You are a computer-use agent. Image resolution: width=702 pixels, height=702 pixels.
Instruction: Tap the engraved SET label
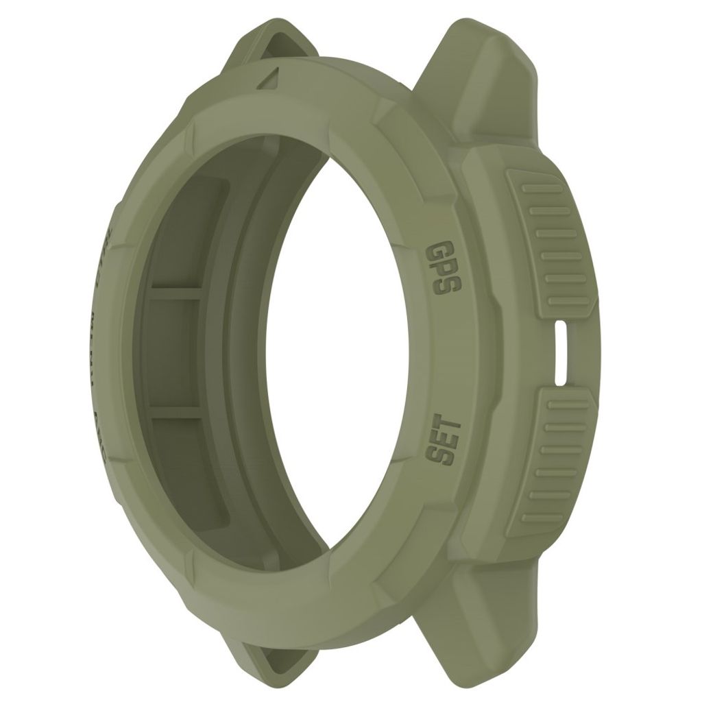click(x=439, y=439)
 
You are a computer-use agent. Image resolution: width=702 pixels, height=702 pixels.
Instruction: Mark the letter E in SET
click(x=439, y=439)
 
